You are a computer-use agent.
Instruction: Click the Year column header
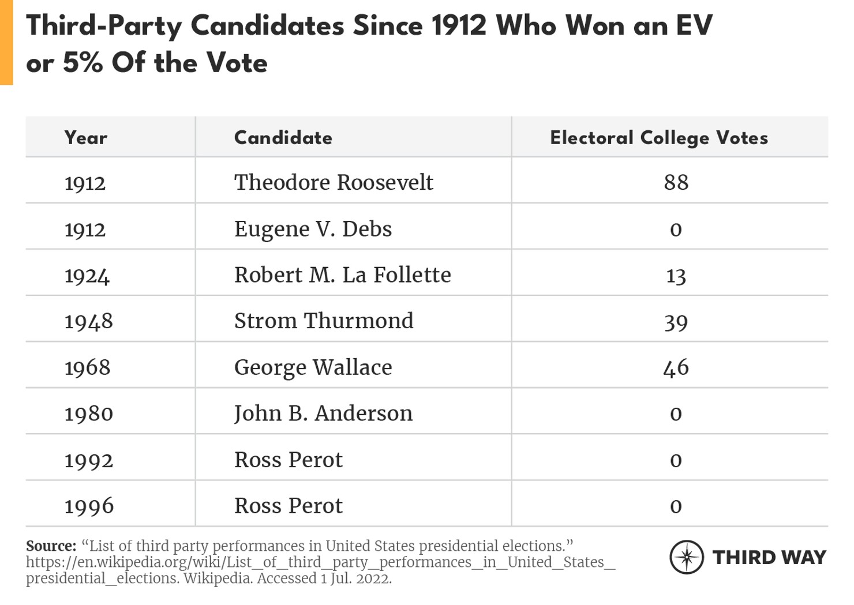(85, 138)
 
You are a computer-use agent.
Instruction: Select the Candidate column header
(283, 138)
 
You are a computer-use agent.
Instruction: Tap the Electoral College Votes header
(658, 138)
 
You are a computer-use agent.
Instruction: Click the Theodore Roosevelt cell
(333, 182)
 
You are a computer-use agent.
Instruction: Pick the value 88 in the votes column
(676, 182)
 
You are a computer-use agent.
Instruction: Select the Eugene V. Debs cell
(313, 229)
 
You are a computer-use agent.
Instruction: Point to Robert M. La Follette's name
(342, 275)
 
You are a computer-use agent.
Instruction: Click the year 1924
(87, 276)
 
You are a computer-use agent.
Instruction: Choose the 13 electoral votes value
(676, 276)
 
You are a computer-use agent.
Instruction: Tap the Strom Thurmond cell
(324, 321)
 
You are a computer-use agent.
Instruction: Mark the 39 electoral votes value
(676, 322)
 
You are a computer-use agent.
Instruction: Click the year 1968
(87, 367)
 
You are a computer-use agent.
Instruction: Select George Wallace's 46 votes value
(676, 367)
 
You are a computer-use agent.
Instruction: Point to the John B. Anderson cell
(323, 414)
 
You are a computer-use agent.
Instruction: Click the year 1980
(88, 414)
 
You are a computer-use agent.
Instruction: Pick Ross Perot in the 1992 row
(288, 460)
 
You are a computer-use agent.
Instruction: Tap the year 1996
(89, 506)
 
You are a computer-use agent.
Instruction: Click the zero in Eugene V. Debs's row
(676, 230)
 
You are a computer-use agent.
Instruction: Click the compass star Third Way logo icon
(686, 557)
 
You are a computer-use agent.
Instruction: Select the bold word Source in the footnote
(51, 546)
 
